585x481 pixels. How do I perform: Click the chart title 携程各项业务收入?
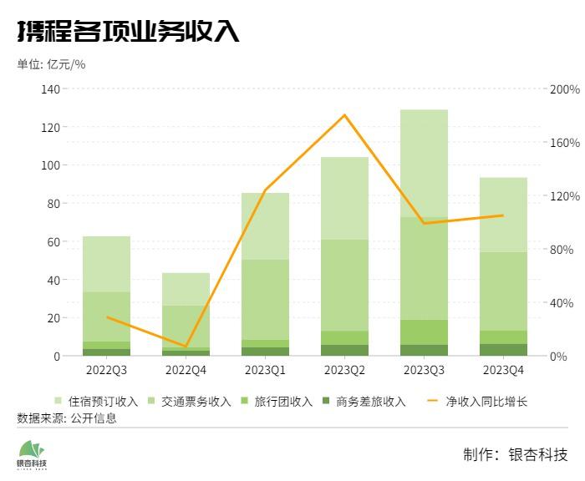[x=128, y=31]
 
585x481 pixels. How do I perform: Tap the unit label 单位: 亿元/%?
[x=51, y=64]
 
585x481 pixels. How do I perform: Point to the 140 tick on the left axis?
[x=50, y=89]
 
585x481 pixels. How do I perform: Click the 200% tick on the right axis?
[x=565, y=89]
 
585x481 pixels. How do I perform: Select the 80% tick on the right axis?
[x=562, y=250]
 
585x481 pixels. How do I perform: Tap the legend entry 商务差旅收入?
[x=369, y=402]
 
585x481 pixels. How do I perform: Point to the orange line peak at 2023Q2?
[x=344, y=115]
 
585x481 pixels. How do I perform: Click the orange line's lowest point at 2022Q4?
[x=186, y=346]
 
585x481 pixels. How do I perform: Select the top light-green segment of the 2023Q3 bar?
[x=424, y=163]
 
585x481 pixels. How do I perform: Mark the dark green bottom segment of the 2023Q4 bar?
[x=503, y=350]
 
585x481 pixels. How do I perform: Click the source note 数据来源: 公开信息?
[x=67, y=418]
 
